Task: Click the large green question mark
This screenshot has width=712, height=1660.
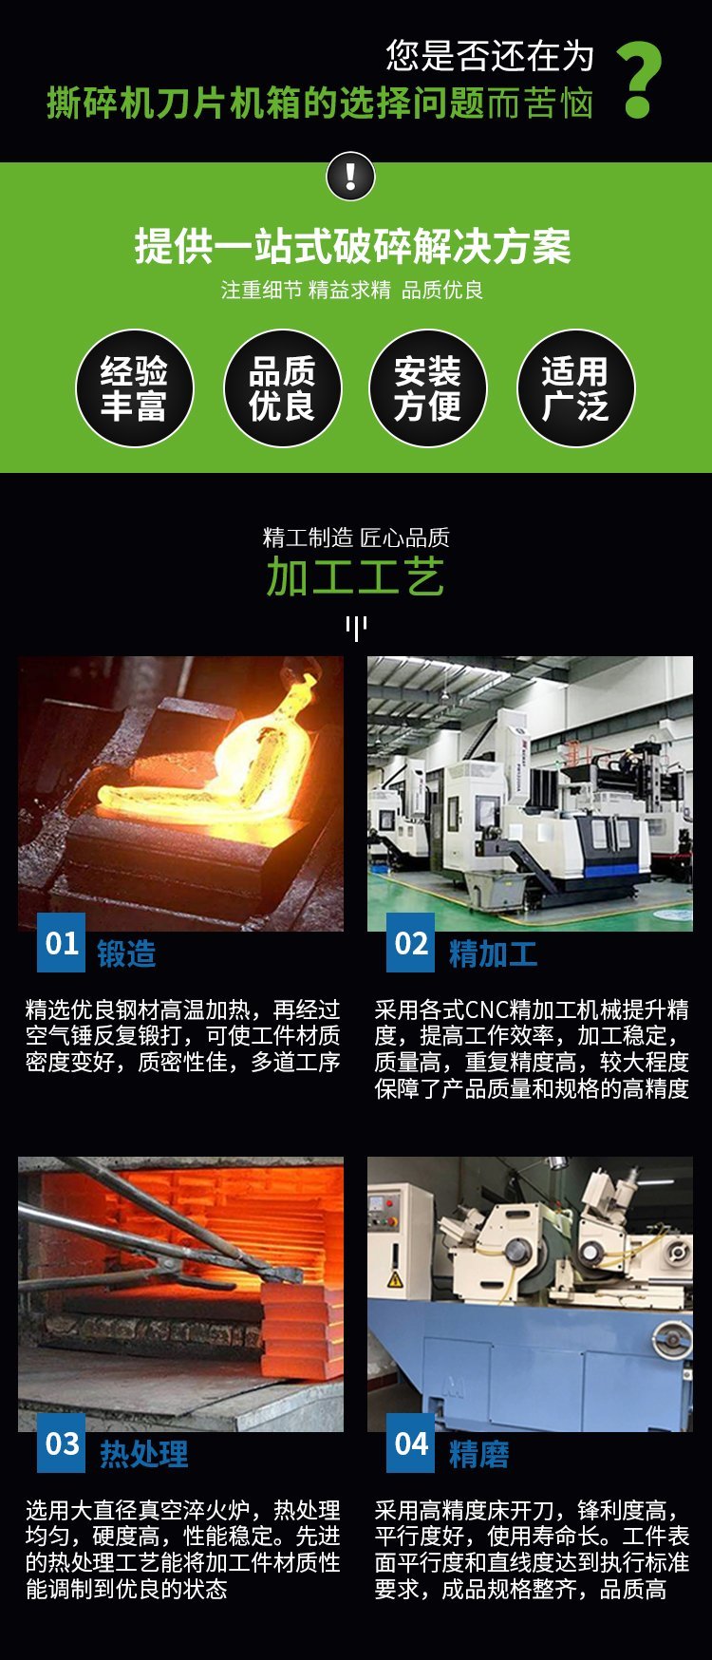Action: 640,81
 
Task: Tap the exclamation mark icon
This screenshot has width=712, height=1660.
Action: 350,177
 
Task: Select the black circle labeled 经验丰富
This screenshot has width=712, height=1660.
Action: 135,388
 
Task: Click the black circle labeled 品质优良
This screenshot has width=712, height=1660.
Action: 282,388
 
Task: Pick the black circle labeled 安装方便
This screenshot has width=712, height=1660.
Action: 428,388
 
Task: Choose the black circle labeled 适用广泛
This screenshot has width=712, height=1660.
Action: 575,388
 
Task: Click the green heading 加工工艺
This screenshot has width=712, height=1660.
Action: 355,577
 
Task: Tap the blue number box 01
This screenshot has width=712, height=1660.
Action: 61,943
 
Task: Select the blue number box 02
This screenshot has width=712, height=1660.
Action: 410,943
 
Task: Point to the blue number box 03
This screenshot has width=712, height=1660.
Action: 61,1443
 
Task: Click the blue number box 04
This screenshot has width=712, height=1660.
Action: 410,1443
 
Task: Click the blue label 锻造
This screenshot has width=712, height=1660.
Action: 126,953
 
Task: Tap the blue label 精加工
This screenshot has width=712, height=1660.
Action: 493,953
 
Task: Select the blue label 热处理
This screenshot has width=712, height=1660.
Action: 144,1454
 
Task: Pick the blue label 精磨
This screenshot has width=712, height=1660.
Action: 478,1454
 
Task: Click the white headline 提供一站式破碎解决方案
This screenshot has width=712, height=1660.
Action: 352,247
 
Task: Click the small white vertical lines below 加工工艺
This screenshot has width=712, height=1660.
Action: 356,628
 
